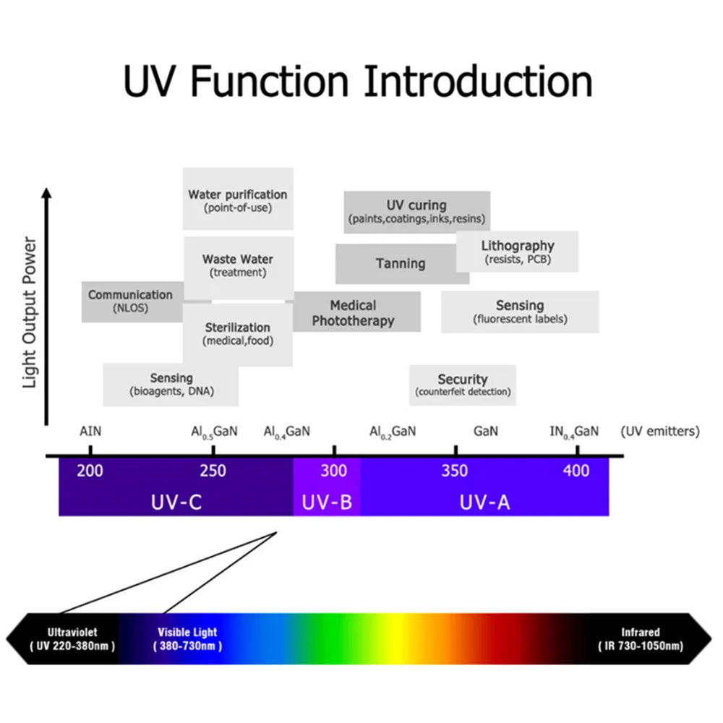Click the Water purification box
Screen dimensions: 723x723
pyautogui.click(x=238, y=199)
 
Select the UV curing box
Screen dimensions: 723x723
pyautogui.click(x=417, y=212)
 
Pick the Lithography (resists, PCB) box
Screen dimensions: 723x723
pyautogui.click(x=518, y=252)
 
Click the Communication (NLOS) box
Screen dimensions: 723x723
pyautogui.click(x=132, y=301)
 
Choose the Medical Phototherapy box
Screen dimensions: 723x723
pyautogui.click(x=356, y=312)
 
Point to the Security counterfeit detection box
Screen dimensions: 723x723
pyautogui.click(x=463, y=385)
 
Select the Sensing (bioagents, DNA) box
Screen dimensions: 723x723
pyautogui.click(x=171, y=385)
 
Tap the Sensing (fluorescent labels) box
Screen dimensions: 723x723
pyautogui.click(x=520, y=312)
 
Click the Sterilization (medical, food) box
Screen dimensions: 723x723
pyautogui.click(x=237, y=334)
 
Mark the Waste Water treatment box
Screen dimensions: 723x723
pyautogui.click(x=239, y=268)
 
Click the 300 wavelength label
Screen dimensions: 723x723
pyautogui.click(x=334, y=471)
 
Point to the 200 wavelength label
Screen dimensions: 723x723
pyautogui.click(x=90, y=471)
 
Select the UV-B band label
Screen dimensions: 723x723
pyautogui.click(x=327, y=502)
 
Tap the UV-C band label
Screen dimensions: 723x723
pyautogui.click(x=176, y=502)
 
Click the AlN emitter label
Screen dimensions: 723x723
pyautogui.click(x=90, y=431)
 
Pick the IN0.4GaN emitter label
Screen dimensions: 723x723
pyautogui.click(x=574, y=432)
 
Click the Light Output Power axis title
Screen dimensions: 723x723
pyautogui.click(x=30, y=312)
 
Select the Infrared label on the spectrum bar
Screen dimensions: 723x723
pyautogui.click(x=641, y=632)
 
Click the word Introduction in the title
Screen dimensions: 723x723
pyautogui.click(x=478, y=82)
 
